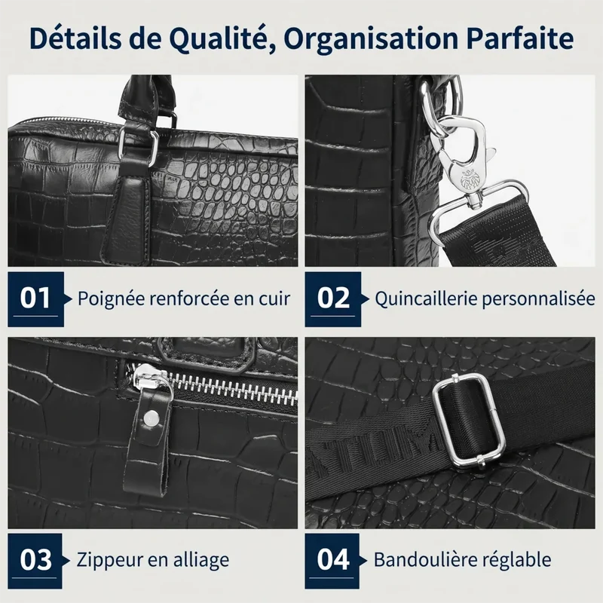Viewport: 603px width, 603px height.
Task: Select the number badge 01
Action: [35, 299]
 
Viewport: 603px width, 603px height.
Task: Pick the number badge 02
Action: [333, 299]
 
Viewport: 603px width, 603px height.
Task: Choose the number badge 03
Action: [35, 561]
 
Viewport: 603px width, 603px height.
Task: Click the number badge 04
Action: [332, 561]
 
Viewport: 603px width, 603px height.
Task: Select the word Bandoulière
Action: [422, 559]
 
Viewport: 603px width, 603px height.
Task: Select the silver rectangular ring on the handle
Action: [138, 142]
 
